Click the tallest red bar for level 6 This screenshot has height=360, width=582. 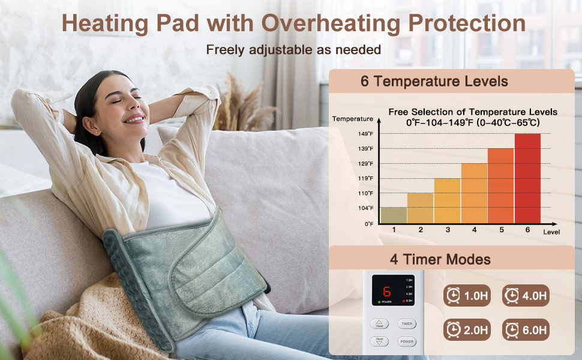click(x=527, y=178)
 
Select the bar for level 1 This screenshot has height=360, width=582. click(x=394, y=215)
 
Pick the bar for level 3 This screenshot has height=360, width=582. click(x=447, y=200)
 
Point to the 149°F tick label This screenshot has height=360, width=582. click(x=366, y=134)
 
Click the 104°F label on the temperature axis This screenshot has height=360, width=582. click(x=366, y=208)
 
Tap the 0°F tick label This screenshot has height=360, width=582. click(x=368, y=224)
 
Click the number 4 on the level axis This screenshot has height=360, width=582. click(x=474, y=230)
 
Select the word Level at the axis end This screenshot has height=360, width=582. click(x=551, y=232)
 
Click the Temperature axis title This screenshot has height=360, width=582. click(x=353, y=119)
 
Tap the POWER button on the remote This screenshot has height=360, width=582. click(x=407, y=341)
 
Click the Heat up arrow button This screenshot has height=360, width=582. click(x=379, y=324)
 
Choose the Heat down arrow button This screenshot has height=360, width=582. click(x=379, y=341)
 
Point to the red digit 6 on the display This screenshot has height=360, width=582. click(x=387, y=292)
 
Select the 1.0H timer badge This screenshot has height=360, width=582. click(x=466, y=295)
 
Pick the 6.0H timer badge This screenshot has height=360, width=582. click(x=526, y=329)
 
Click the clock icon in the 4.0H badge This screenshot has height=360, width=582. click(x=512, y=295)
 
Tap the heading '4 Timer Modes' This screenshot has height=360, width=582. click(x=440, y=259)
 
